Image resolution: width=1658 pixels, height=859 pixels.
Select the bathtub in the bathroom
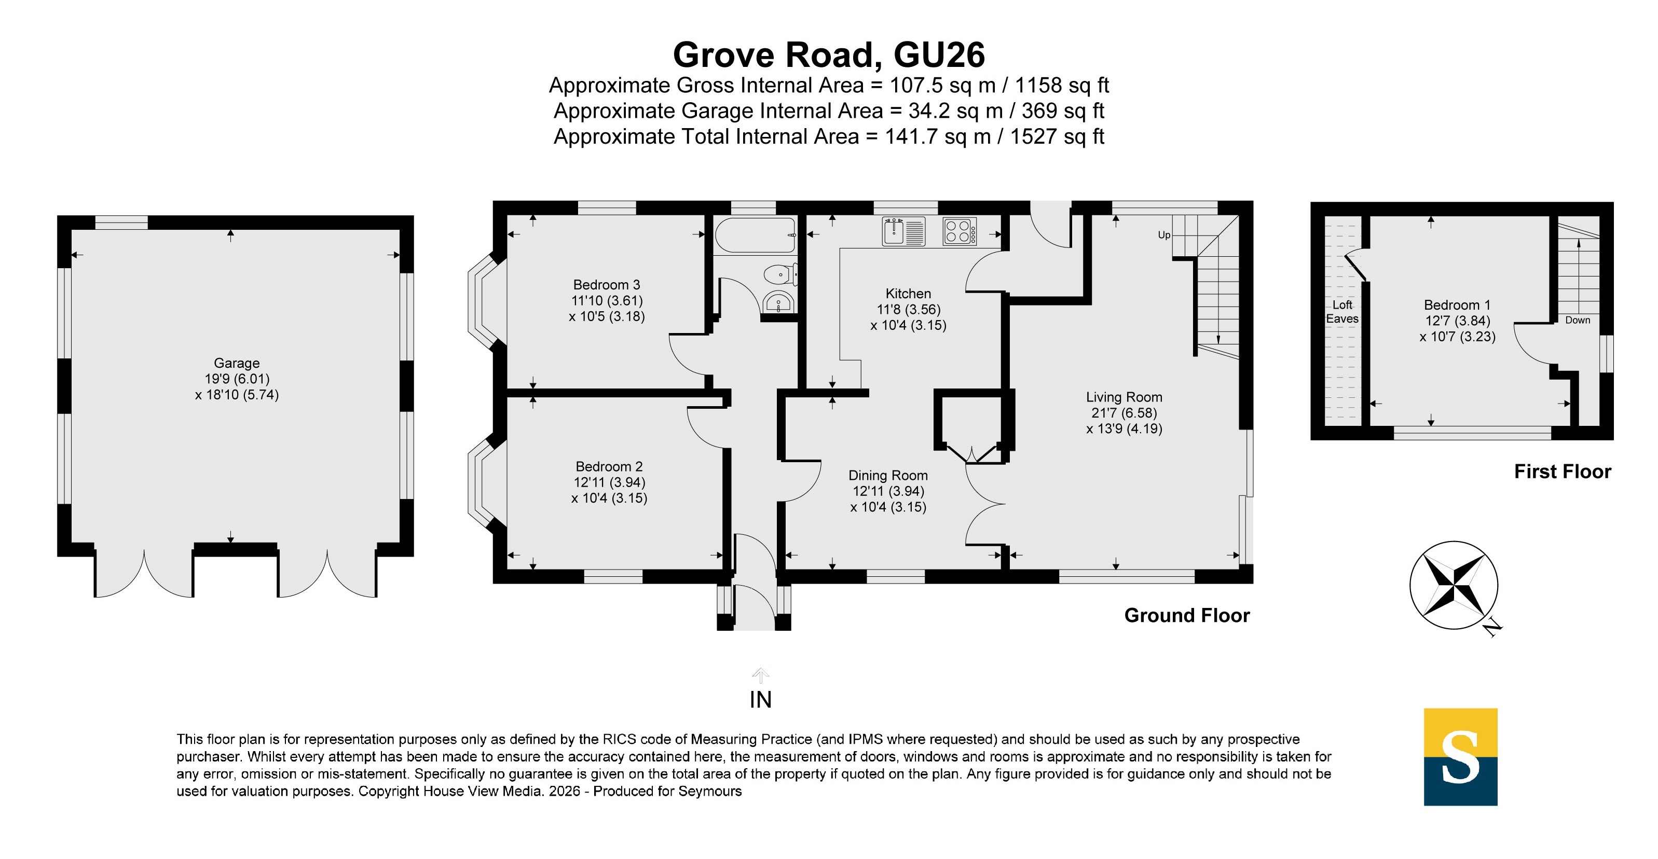(756, 235)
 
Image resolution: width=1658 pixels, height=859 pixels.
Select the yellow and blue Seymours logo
(1460, 757)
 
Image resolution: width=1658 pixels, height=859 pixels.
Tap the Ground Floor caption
(1187, 616)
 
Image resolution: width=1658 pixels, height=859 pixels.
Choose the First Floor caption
(1562, 472)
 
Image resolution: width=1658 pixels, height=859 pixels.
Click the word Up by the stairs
(1163, 235)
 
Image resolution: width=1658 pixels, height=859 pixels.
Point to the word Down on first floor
(1578, 320)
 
